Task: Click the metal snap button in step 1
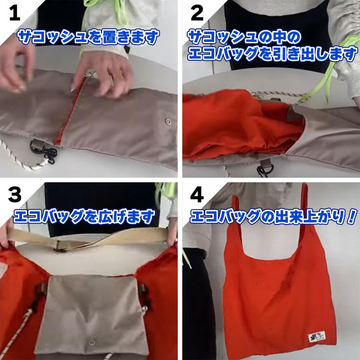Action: pos(168,121)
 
